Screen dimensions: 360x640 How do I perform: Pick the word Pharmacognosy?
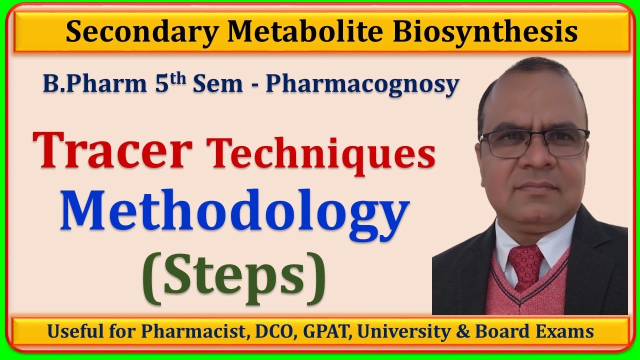point(362,85)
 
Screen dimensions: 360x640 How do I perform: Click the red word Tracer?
point(113,149)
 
